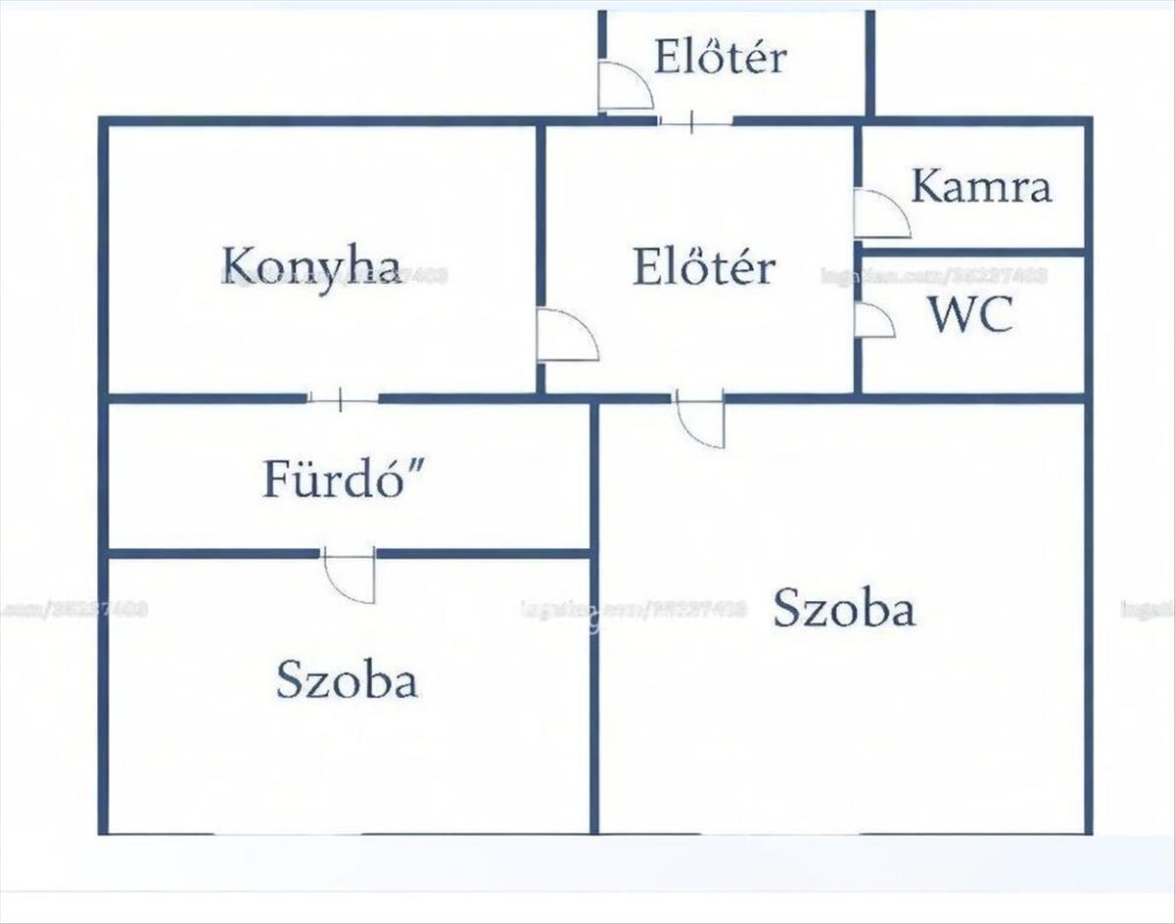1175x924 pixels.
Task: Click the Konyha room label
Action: coord(311,265)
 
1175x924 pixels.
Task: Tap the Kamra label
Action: coord(981,186)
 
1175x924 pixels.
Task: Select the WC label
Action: coord(970,314)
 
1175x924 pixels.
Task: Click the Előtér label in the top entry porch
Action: coord(720,57)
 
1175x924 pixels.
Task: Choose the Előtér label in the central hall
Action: coord(704,266)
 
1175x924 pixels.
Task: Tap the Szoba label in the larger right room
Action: coord(844,608)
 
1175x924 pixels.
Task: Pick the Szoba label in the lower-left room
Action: coord(347,679)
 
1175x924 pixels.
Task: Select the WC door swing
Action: coord(873,321)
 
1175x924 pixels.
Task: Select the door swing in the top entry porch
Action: coord(625,88)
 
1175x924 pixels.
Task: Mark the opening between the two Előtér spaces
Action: coord(694,121)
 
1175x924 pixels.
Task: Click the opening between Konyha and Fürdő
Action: coord(342,399)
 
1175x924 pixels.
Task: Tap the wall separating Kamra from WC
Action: coord(971,253)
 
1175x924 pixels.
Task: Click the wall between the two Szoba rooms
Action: coord(594,685)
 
